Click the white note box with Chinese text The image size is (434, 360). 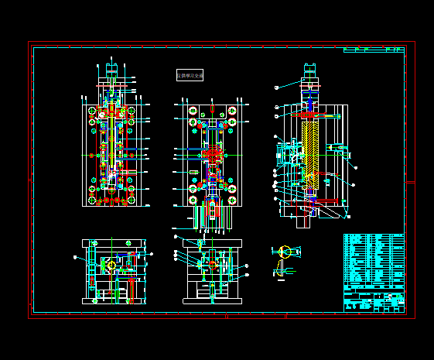[190, 75]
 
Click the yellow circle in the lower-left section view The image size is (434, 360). [111, 265]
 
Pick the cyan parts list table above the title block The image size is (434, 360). [374, 259]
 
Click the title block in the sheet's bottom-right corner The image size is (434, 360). [374, 300]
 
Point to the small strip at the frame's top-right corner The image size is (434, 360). [374, 50]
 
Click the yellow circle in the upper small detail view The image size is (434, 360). [285, 251]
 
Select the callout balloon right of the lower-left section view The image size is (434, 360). [152, 253]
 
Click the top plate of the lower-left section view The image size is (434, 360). [113, 243]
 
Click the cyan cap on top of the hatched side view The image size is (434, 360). [311, 70]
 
